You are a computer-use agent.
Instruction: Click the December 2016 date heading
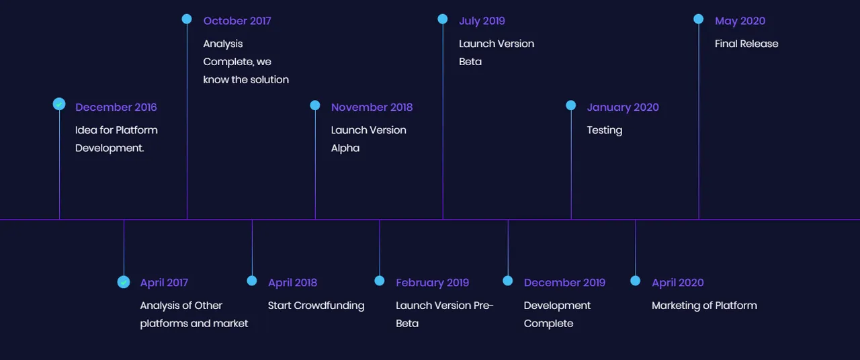point(116,107)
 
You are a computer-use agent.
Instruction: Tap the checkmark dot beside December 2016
point(59,104)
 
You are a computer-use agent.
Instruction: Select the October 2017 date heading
point(237,21)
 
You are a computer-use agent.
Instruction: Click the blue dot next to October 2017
point(187,19)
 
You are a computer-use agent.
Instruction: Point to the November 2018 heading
point(372,107)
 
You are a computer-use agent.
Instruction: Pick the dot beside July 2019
point(443,19)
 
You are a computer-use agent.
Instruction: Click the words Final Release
point(746,44)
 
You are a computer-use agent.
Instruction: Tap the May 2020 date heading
point(740,21)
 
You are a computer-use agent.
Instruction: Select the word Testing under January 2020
point(604,130)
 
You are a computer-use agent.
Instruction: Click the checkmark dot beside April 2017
point(124,282)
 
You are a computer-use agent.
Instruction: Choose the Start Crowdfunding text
point(316,306)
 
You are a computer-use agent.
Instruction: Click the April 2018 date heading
point(292,283)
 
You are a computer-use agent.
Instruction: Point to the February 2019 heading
point(432,283)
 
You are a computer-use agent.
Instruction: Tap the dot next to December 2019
point(507,281)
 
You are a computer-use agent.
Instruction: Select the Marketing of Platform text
point(704,306)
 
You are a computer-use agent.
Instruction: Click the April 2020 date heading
point(678,283)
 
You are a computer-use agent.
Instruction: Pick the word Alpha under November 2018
point(345,148)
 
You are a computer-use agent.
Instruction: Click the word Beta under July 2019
point(470,62)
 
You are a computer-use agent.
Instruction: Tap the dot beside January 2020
point(571,105)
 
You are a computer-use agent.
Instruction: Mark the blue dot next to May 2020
point(698,19)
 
